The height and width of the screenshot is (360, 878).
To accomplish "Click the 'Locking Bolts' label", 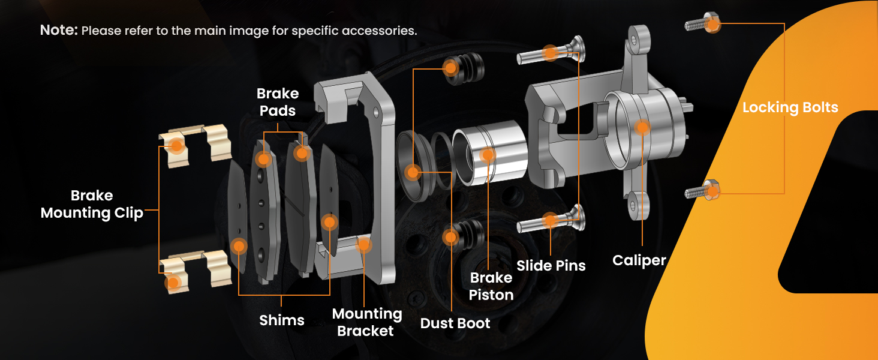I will pyautogui.click(x=790, y=108).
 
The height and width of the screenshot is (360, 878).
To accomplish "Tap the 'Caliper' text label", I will pyautogui.click(x=639, y=260).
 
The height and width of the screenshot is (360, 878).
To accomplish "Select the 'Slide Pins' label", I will pyautogui.click(x=551, y=265).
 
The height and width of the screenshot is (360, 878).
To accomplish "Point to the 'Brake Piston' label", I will pyautogui.click(x=491, y=286).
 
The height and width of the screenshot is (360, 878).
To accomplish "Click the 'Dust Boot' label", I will pyautogui.click(x=455, y=323).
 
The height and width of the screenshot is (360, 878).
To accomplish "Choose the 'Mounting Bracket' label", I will pyautogui.click(x=366, y=322).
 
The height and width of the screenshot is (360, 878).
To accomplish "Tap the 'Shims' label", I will pyautogui.click(x=282, y=320).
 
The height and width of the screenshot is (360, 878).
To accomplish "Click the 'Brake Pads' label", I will pyautogui.click(x=278, y=102).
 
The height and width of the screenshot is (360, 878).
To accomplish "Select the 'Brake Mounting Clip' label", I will pyautogui.click(x=92, y=204).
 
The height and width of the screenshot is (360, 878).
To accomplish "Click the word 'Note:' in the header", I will pyautogui.click(x=59, y=30).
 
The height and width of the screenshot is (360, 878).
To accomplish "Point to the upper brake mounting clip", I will pyautogui.click(x=195, y=144).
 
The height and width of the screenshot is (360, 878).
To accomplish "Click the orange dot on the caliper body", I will pyautogui.click(x=642, y=127).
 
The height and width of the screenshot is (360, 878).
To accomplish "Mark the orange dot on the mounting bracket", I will pyautogui.click(x=364, y=244).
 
